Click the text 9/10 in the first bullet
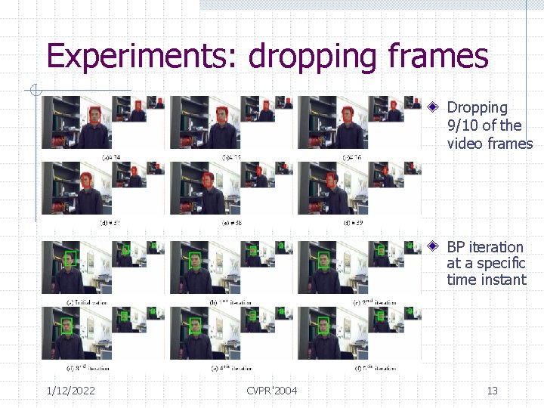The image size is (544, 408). (x=462, y=125)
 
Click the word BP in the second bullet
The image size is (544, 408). (x=456, y=247)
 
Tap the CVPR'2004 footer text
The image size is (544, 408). (x=272, y=391)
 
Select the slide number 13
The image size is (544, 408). (x=492, y=391)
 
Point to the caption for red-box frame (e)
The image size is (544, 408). (x=231, y=223)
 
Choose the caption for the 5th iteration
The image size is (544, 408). (x=358, y=368)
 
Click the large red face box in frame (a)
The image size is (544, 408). (x=95, y=116)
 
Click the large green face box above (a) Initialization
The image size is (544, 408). (x=70, y=258)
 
